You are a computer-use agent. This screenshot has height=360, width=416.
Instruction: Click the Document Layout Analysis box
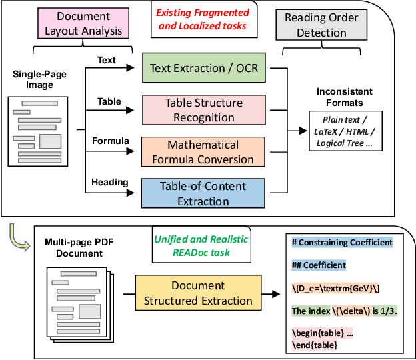click(84, 23)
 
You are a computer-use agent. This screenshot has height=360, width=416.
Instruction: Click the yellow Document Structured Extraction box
click(198, 293)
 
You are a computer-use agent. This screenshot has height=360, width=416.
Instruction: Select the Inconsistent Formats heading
click(344, 97)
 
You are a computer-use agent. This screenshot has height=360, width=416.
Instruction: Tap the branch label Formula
click(106, 141)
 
